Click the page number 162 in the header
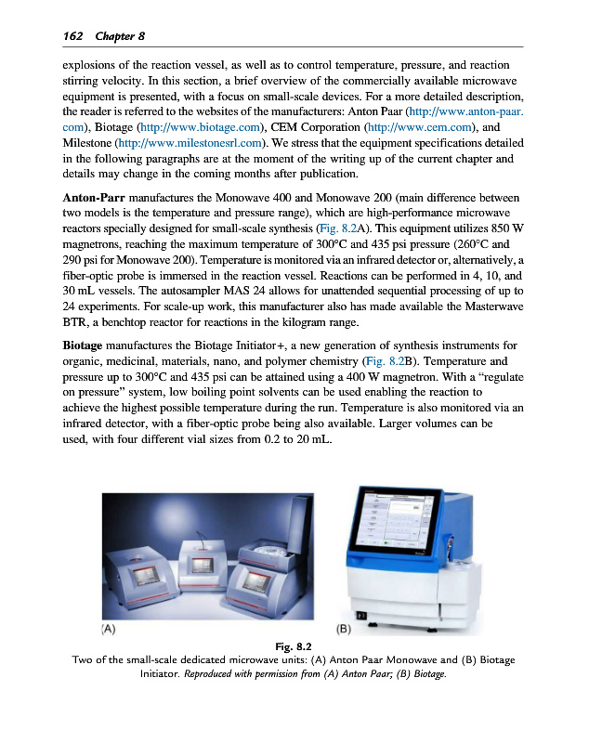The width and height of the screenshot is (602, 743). pos(72,35)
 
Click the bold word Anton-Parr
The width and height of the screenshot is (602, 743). pos(94,199)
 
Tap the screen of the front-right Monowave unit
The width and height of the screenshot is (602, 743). pos(255,583)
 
